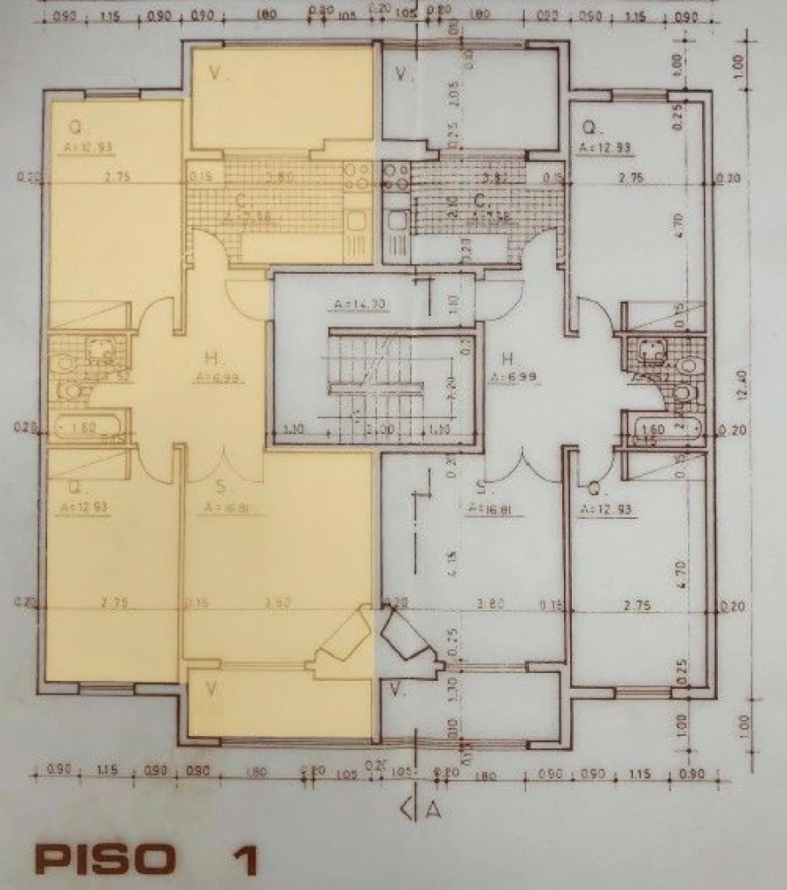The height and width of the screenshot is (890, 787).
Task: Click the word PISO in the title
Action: point(102,858)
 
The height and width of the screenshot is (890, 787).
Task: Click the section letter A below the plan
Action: point(432,809)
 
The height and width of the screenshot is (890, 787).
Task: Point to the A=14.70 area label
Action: point(358,305)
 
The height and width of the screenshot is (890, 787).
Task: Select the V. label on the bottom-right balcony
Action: point(398,690)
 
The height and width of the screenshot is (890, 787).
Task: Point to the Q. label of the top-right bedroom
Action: point(589,126)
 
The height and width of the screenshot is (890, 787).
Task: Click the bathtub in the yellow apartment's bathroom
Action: point(86,429)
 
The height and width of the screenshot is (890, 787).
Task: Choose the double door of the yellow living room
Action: point(225,464)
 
